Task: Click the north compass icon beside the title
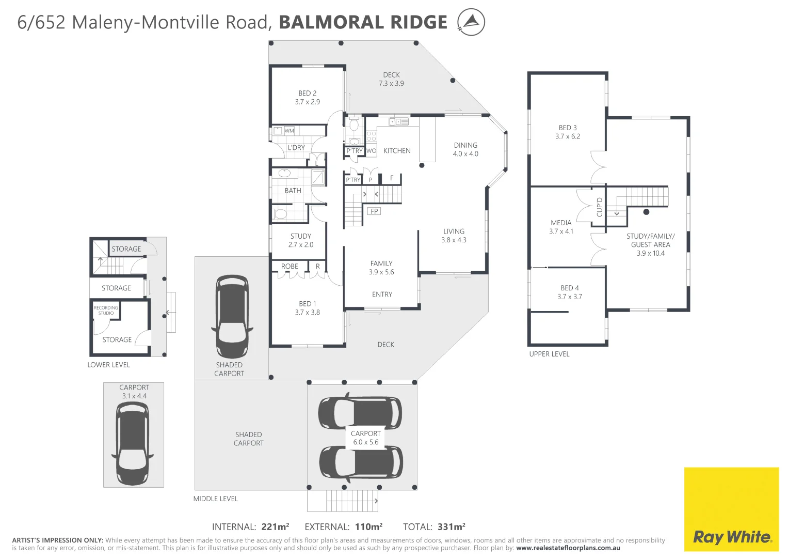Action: pos(471,22)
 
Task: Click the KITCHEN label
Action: pos(397,151)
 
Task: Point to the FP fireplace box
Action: pos(374,211)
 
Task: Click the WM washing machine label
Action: pos(289,131)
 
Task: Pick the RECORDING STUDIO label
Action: pos(106,311)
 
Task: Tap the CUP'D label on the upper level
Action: pos(599,207)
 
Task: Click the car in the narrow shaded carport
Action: pos(232,316)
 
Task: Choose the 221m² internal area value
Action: pos(275,527)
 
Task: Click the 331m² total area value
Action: pos(451,527)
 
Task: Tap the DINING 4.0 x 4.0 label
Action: pos(465,149)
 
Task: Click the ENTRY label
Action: pos(382,295)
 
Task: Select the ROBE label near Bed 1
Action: pos(290,267)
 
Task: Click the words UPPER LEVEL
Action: pos(549,354)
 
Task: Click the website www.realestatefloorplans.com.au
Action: pos(568,548)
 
